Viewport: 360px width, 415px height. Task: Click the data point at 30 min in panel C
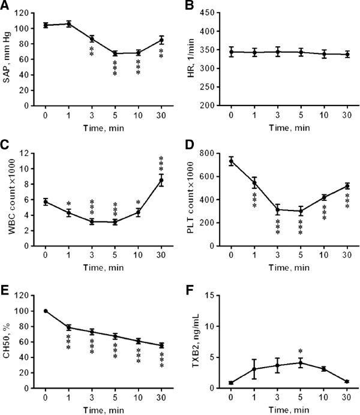tap(161, 180)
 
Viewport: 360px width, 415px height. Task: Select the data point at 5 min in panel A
tap(115, 53)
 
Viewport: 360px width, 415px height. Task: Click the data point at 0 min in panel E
tap(46, 311)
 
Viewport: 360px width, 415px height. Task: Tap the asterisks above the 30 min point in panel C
tap(161, 163)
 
